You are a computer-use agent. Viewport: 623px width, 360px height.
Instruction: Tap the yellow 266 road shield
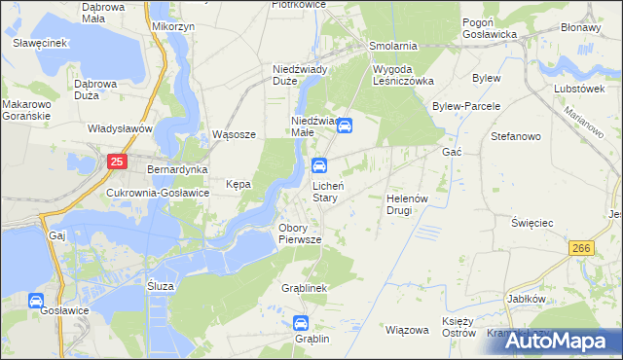pos(582,249)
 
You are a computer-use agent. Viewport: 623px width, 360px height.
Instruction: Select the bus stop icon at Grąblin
pos(301,323)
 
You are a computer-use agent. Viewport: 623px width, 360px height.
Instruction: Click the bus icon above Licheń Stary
pos(320,165)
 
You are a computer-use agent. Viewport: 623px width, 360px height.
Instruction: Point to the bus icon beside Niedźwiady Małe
pos(344,125)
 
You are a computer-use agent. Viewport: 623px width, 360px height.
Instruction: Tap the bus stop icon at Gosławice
pos(37,302)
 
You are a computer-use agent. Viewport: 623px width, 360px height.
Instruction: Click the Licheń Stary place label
pos(325,191)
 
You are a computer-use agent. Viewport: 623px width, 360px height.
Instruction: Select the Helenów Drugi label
pos(407,203)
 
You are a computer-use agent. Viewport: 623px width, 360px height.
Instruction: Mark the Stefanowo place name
pos(516,136)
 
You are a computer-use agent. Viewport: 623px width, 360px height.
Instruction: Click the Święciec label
pos(532,223)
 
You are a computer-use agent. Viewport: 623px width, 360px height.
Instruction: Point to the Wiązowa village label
pos(407,330)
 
